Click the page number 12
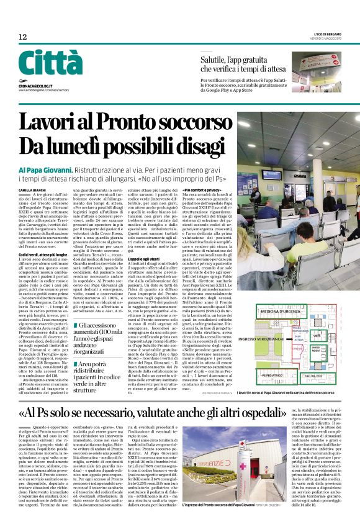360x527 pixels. pyautogui.click(x=22, y=38)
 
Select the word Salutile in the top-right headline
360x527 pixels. pyautogui.click(x=214, y=60)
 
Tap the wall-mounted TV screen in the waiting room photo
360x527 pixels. pyautogui.click(x=271, y=176)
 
